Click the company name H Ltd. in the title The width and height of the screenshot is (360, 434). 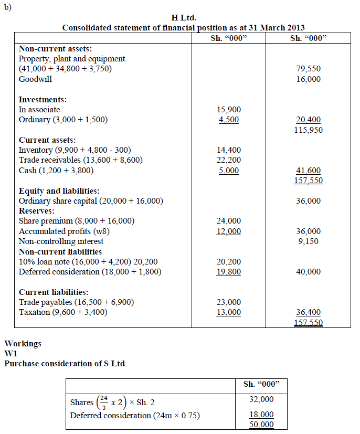(x=184, y=18)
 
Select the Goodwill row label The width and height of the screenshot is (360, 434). (x=35, y=79)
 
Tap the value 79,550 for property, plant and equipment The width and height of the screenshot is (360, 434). (x=308, y=69)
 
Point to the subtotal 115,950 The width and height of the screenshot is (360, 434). (x=308, y=130)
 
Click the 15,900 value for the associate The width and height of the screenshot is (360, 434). (x=228, y=110)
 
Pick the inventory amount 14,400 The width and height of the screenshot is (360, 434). (x=228, y=150)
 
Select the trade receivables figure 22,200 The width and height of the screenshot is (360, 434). (x=228, y=160)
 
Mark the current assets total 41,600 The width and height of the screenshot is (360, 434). (x=308, y=171)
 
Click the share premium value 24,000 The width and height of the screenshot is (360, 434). (x=228, y=221)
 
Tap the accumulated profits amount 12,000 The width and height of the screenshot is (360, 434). (x=228, y=231)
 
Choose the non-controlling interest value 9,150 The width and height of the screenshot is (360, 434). (x=308, y=241)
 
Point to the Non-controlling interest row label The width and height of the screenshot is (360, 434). (x=61, y=241)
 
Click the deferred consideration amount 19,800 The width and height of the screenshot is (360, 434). (x=228, y=272)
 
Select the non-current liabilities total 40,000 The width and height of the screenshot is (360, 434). (x=308, y=272)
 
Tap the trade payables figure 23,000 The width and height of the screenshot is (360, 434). (x=228, y=302)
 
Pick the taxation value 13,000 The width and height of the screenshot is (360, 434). (x=228, y=312)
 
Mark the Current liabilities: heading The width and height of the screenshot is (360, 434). (x=54, y=292)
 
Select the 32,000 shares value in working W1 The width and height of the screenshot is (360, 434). (x=261, y=399)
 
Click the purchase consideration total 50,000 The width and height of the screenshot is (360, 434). (x=261, y=425)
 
